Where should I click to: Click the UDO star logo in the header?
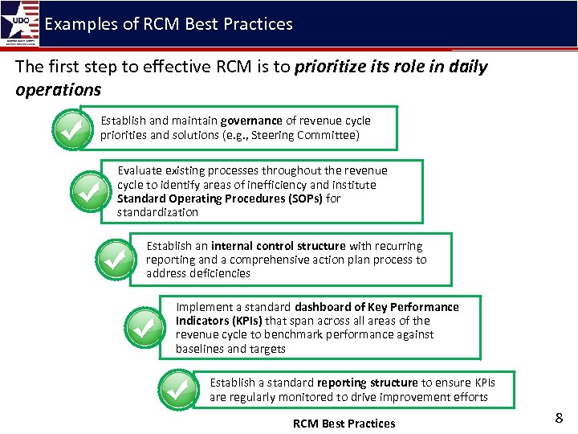coord(19,24)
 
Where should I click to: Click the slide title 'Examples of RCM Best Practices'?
coord(169,24)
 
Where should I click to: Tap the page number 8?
coord(559,417)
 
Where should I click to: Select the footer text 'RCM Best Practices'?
coord(344,424)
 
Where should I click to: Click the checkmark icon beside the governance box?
coord(73,130)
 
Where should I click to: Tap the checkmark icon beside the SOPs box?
coord(90,190)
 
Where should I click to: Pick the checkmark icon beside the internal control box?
coord(117,260)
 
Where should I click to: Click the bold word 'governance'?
coord(251,121)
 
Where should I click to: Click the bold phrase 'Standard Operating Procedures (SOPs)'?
coord(219,199)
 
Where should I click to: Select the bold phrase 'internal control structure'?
coord(279,246)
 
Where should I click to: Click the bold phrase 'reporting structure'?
coord(367,383)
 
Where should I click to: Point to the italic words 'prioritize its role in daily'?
coord(391,67)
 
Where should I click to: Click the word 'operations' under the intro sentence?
coord(58,89)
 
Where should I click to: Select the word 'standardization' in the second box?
coord(157,212)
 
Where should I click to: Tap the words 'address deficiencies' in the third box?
coord(198,273)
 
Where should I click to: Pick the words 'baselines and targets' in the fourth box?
coord(230,349)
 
